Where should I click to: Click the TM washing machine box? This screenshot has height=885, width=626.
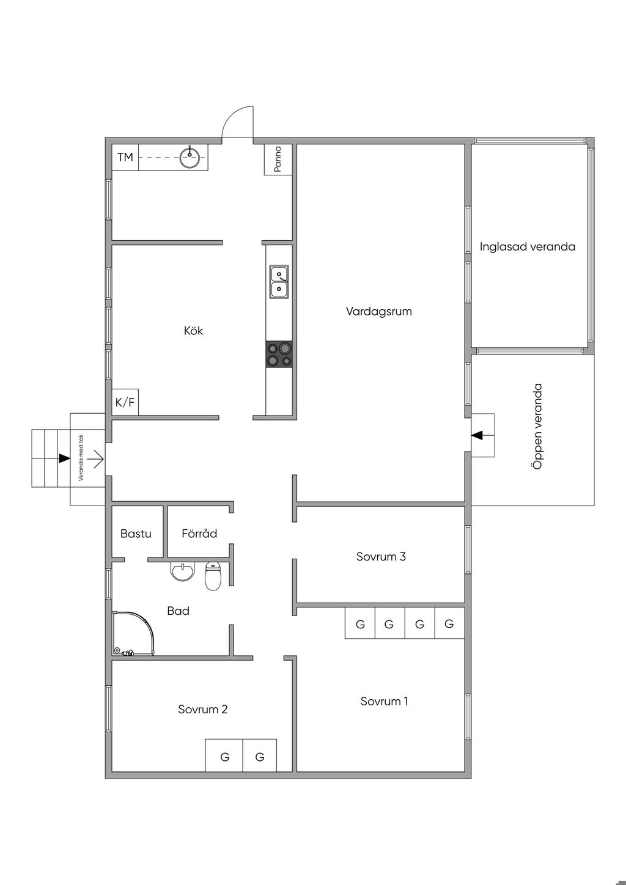[125, 158]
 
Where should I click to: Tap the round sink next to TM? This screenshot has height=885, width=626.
[190, 158]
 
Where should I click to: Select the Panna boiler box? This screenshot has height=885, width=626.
[278, 160]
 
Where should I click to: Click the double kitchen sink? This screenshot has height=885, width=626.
[279, 281]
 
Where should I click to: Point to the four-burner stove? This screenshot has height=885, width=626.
[279, 354]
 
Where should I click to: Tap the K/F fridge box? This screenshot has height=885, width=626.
[125, 402]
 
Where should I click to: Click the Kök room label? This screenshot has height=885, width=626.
[193, 330]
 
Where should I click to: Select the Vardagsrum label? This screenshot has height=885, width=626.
[379, 311]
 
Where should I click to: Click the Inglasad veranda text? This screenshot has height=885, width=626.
[527, 247]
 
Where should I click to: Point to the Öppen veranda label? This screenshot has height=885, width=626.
[537, 426]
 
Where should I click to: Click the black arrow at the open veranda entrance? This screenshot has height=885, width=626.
[478, 435]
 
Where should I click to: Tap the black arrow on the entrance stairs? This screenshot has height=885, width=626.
[64, 458]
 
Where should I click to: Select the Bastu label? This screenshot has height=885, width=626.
[136, 534]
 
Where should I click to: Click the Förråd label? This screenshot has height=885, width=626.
[199, 534]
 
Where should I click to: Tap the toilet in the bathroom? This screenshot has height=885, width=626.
[213, 576]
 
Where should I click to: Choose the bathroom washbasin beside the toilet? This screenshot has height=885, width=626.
[183, 571]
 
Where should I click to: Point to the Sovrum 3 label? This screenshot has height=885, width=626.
[381, 557]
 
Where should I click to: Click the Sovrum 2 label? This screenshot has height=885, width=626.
[203, 709]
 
